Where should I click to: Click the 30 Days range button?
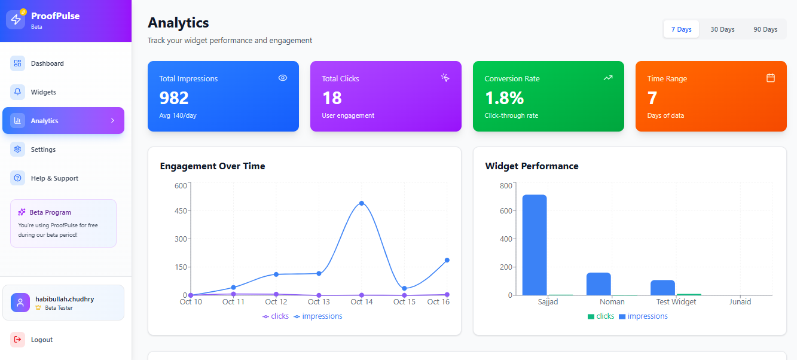[x=722, y=29]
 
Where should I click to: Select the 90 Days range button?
[x=765, y=29]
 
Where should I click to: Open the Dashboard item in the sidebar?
[x=47, y=63]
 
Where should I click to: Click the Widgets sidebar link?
[x=43, y=92]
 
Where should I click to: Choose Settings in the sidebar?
[x=43, y=150]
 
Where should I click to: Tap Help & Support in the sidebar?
[x=54, y=178]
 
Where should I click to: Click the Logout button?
[x=41, y=340]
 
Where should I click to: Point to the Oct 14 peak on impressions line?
[x=362, y=203]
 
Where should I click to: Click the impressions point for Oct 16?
[x=447, y=260]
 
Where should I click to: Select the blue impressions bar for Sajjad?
[x=535, y=245]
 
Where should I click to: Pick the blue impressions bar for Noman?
[x=598, y=283]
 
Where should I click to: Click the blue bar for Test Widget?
[x=662, y=287]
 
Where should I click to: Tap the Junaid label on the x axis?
[x=740, y=302]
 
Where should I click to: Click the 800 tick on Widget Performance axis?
[x=505, y=186]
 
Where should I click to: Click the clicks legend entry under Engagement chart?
[x=276, y=316]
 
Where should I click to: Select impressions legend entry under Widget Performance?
[x=643, y=316]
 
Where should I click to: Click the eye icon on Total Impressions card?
[x=283, y=78]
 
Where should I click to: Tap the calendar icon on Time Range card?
[x=771, y=78]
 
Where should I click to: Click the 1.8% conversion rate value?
[x=504, y=97]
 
